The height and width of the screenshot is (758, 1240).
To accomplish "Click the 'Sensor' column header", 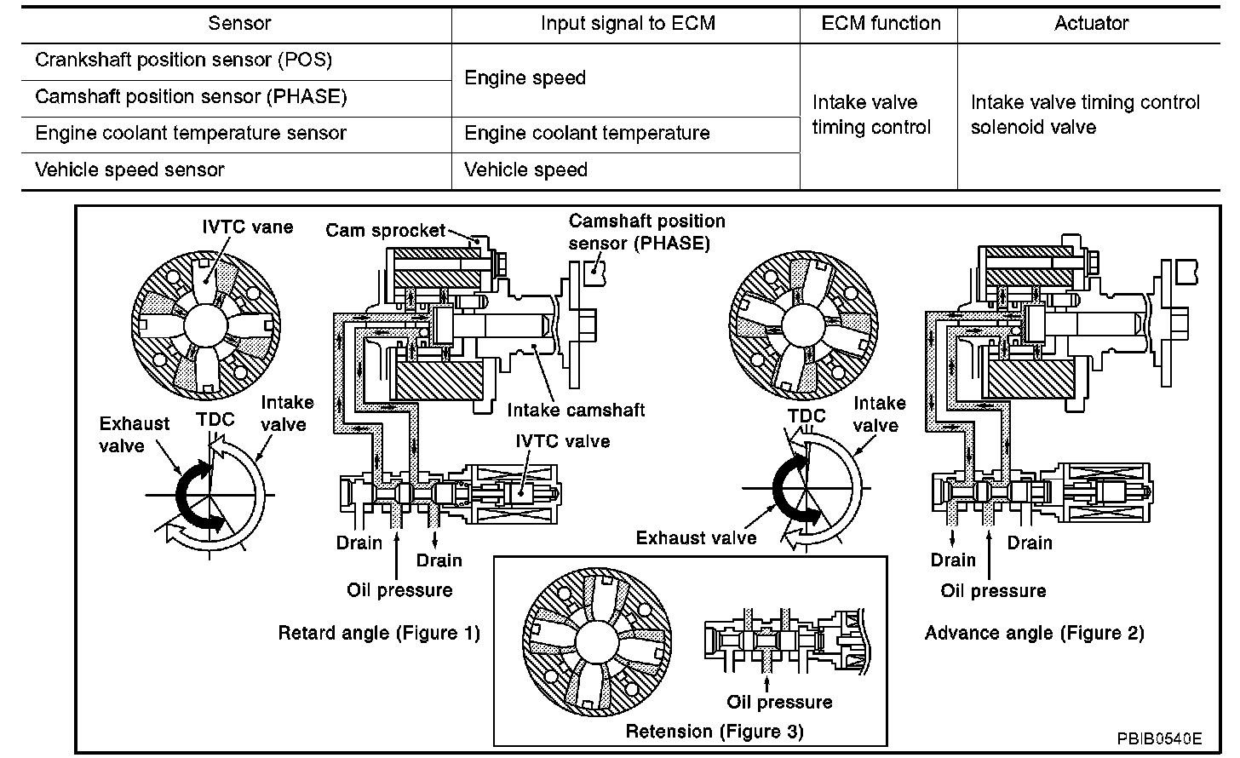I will (x=239, y=23).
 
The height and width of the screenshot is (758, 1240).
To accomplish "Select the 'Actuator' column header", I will (x=1091, y=23).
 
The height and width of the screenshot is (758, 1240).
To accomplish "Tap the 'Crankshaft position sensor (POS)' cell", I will (x=183, y=60).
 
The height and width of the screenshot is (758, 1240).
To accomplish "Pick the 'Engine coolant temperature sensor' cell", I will (x=191, y=133).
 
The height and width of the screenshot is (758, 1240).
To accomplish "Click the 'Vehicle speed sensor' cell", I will (x=129, y=169).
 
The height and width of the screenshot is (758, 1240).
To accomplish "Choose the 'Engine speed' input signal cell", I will (x=525, y=78).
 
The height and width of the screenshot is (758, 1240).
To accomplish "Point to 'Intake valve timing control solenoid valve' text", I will (x=1085, y=115).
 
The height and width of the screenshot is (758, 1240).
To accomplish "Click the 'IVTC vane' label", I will (x=247, y=227).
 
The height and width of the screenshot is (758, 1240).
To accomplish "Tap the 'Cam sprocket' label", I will (x=386, y=230).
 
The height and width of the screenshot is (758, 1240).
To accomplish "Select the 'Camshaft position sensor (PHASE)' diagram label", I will (x=646, y=232).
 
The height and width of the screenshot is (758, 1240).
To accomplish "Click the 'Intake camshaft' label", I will (x=576, y=410).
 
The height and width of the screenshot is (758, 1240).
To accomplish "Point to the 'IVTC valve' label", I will (x=562, y=441).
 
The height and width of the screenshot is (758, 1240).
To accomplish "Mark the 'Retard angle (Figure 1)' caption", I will (x=379, y=633).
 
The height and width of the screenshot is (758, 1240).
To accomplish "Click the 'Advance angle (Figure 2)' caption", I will (x=1034, y=633).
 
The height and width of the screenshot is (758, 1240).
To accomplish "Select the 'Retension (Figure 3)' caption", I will (x=715, y=731).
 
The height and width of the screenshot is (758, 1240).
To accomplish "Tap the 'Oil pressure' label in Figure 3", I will (x=779, y=702).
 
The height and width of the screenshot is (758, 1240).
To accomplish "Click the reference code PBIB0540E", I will (x=1161, y=738).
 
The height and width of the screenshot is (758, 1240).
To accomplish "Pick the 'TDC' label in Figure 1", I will (x=214, y=419).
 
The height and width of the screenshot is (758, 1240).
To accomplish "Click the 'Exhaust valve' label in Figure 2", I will (x=696, y=537).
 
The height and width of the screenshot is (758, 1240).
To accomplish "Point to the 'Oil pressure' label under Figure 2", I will (x=993, y=590).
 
